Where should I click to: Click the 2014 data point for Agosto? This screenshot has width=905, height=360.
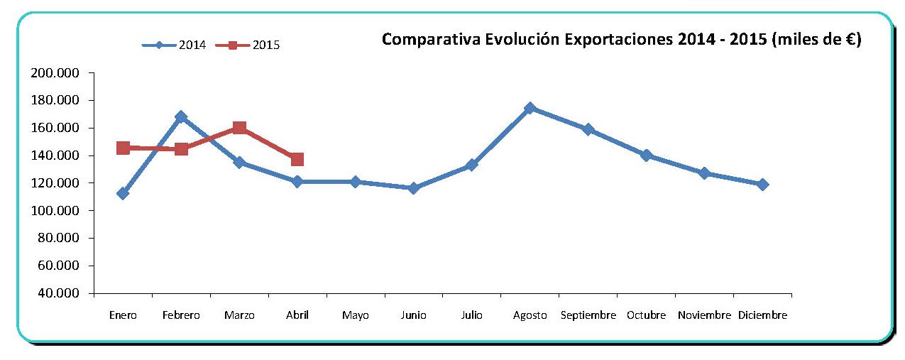click(530, 108)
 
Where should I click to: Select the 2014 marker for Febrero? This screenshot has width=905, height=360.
click(181, 116)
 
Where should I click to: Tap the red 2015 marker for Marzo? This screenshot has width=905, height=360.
click(239, 128)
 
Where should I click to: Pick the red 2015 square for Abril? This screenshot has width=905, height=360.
click(297, 159)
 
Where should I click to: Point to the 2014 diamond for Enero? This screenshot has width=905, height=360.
click(123, 193)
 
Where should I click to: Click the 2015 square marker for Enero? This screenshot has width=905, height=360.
click(123, 148)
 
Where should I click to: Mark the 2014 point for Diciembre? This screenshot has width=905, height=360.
click(762, 185)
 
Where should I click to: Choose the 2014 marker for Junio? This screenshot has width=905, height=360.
click(413, 188)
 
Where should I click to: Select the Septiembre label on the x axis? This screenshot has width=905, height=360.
click(588, 315)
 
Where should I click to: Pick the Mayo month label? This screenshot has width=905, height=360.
click(355, 315)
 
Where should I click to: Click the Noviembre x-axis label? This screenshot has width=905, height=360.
click(704, 315)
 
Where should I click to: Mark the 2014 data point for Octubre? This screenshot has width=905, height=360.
click(646, 156)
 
